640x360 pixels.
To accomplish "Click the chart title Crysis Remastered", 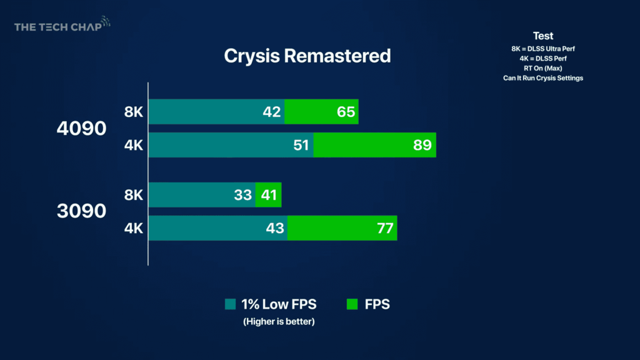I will point(307,56).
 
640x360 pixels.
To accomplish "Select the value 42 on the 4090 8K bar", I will point(271,112).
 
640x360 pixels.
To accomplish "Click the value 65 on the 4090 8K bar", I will point(345,112).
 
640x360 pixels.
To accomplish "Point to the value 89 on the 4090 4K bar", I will point(422,145).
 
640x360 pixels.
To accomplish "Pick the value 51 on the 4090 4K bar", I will point(300,145).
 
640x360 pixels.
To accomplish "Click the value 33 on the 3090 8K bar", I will point(242,195).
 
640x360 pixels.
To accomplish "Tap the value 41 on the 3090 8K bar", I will point(269,195).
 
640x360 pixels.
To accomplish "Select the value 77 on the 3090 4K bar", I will point(384,228).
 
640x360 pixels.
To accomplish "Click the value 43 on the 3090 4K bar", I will point(275,228).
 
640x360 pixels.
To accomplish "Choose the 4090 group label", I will point(81,129).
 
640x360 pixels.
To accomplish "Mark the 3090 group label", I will point(81,211).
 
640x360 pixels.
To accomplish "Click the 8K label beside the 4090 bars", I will point(134,112).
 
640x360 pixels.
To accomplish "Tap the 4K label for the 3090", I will point(134,228).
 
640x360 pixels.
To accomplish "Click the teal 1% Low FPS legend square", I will point(230,304).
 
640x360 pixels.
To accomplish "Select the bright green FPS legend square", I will point(352,304).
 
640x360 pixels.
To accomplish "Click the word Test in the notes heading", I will point(543,36).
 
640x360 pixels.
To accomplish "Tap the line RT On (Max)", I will point(543,68).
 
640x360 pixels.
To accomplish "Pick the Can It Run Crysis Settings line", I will point(543,78).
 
